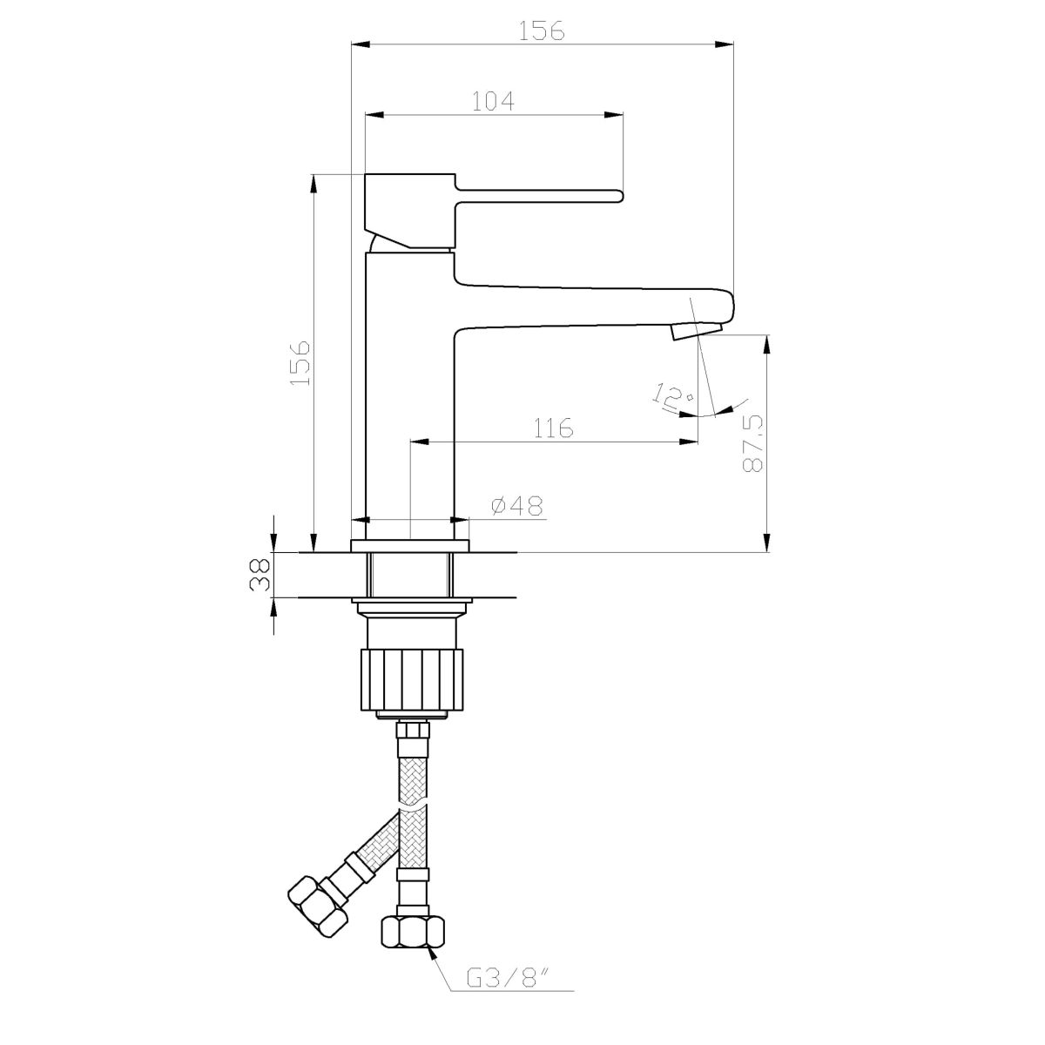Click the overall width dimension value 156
pyautogui.click(x=542, y=30)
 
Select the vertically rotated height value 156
pyautogui.click(x=300, y=363)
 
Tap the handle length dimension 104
pyautogui.click(x=492, y=101)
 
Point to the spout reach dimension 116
pyautogui.click(x=553, y=428)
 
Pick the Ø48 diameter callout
pyautogui.click(x=516, y=507)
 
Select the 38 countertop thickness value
pyautogui.click(x=260, y=574)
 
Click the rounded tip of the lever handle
pyautogui.click(x=618, y=196)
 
